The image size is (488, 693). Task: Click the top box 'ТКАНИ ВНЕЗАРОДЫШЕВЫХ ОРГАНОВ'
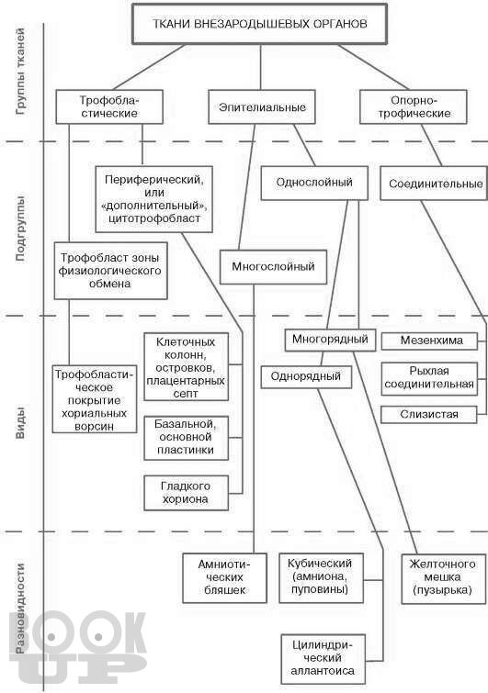[x=260, y=24]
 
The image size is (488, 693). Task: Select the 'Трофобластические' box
[x=109, y=107]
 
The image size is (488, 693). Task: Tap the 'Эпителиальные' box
[x=262, y=107]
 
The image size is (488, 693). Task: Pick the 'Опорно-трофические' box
[x=414, y=107]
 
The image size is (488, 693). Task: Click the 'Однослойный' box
[x=314, y=183]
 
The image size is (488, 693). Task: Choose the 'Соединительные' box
[x=434, y=183]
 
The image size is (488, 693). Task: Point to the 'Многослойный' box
[x=274, y=267]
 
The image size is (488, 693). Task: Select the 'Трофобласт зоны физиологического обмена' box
[x=110, y=271]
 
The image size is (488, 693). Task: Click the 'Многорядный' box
[x=330, y=340]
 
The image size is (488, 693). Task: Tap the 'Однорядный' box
[x=306, y=377]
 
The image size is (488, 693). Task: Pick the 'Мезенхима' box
[x=429, y=341]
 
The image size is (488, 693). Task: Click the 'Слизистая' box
[x=429, y=415]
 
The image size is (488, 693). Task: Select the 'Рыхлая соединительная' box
[x=429, y=378]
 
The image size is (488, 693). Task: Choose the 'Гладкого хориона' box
[x=187, y=493]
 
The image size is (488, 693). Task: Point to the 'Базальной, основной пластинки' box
[x=187, y=438]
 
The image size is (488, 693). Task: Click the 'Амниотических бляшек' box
[x=225, y=577]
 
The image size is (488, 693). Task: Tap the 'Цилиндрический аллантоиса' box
[x=323, y=658]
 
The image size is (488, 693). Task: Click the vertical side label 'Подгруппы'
[x=21, y=229]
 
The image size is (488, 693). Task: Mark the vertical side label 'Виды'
[x=21, y=423]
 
